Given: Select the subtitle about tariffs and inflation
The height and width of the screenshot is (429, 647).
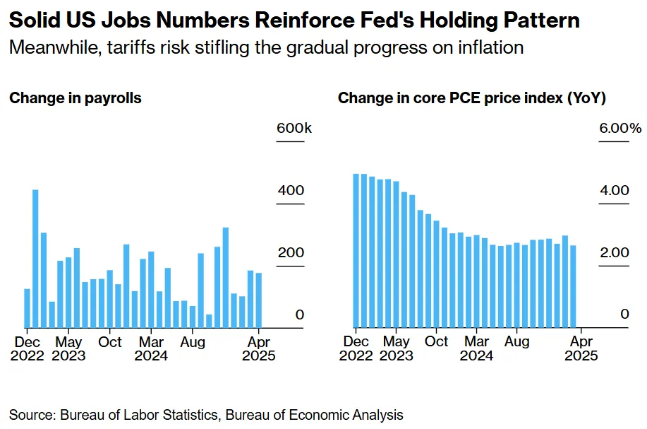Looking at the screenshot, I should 266,48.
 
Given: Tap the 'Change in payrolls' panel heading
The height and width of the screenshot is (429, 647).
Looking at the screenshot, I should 75,98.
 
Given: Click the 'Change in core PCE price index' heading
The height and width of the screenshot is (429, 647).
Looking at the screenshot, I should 471,98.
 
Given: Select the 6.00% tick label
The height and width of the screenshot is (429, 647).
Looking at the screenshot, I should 620,129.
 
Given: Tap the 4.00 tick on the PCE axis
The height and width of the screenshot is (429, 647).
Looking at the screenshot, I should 614,191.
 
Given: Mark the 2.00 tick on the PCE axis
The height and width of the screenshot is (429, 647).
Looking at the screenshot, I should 614,253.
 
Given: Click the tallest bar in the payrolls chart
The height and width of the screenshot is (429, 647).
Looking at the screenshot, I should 35,259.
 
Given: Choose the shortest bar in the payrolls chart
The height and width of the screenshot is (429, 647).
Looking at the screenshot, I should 209,321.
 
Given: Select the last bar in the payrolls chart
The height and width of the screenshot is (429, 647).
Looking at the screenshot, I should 258,300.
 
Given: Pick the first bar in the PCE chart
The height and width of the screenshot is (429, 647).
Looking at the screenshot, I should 356,251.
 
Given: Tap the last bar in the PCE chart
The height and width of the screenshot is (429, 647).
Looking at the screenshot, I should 573,286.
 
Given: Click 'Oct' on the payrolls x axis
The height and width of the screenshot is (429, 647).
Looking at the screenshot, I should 110,342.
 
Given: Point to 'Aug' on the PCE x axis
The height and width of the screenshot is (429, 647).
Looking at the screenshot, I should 517,342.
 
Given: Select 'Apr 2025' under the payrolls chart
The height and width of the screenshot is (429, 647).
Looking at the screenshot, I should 258,348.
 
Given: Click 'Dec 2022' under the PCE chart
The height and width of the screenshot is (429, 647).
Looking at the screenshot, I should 356,348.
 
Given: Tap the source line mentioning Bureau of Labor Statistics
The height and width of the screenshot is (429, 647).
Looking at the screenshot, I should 206,415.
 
